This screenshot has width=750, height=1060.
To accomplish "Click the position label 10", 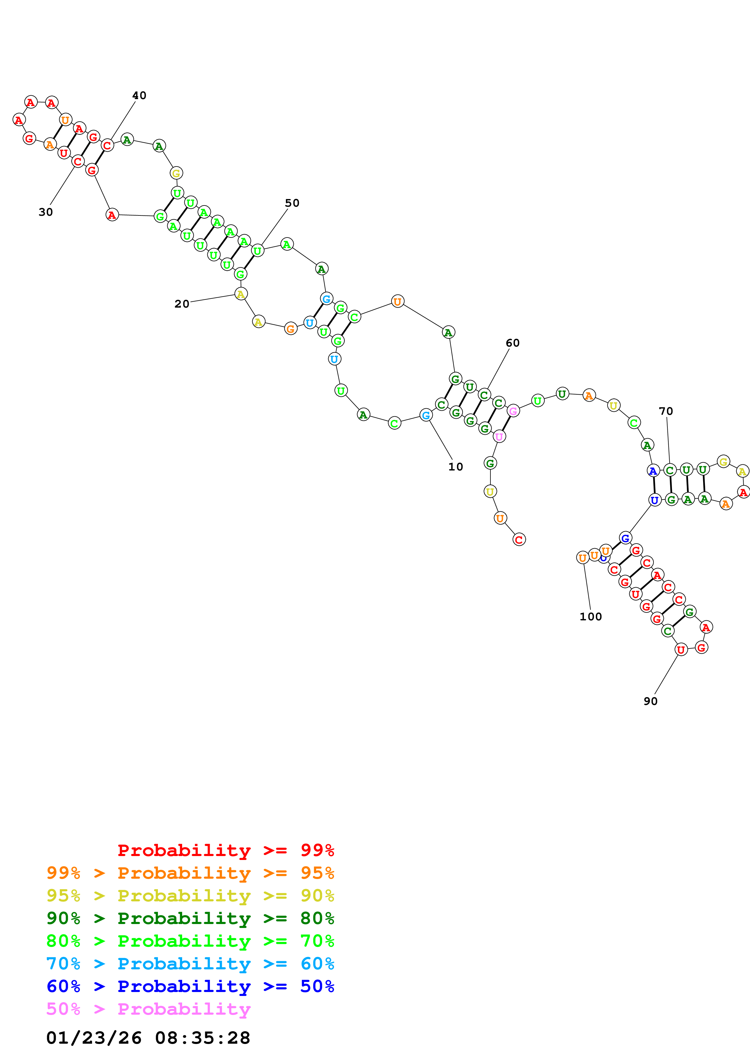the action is (455, 467).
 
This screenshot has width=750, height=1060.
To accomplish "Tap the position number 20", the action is (182, 304).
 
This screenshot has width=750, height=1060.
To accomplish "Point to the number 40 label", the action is (139, 95).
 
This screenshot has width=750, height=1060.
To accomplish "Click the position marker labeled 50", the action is (292, 203).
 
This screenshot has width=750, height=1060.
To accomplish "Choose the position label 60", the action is (513, 343).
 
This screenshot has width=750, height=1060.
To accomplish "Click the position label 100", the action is (590, 617).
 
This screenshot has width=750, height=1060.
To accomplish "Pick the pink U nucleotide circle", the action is (499, 436).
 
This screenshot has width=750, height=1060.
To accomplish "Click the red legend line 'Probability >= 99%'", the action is (225, 850).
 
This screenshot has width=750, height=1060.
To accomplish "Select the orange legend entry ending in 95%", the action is (190, 873).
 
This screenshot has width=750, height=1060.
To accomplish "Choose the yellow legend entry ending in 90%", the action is (190, 895).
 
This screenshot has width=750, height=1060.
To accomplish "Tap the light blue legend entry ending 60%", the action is (190, 964).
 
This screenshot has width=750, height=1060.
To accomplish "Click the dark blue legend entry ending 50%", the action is (190, 986).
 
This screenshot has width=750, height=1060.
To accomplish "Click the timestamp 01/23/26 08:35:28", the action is (148, 1038).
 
